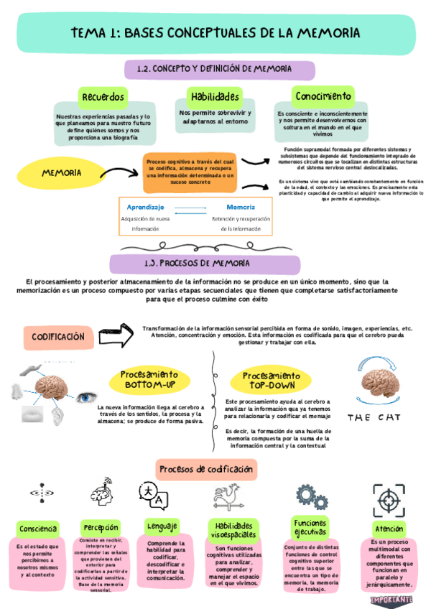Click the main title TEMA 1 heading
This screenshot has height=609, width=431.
pos(215,33)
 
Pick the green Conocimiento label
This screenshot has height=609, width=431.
pos(323,96)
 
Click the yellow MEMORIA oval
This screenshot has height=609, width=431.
pos(60,174)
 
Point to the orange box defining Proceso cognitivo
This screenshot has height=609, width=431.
pos(190,172)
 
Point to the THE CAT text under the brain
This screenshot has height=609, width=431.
pos(376,417)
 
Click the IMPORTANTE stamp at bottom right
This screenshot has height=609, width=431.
pos(391,599)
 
